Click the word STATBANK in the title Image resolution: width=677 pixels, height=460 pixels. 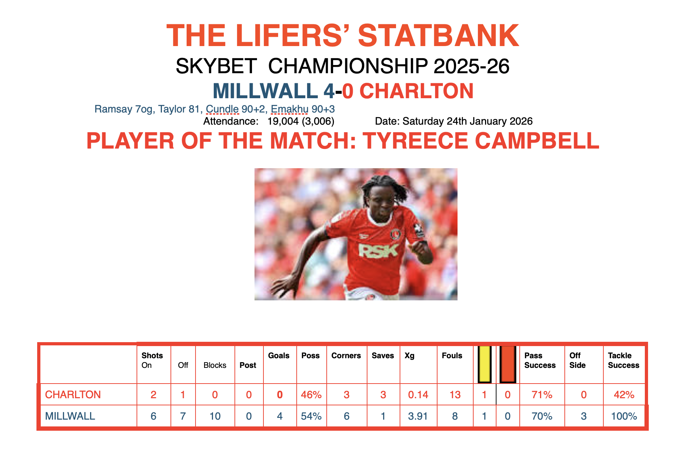click(439, 36)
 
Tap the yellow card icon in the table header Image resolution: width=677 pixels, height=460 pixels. click(485, 364)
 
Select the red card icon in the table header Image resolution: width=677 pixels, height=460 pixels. click(508, 364)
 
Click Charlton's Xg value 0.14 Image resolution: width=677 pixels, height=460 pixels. click(418, 395)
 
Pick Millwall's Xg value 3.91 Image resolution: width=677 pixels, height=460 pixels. click(418, 416)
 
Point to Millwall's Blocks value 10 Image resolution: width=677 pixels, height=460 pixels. click(215, 416)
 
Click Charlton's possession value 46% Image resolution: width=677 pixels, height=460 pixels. click(311, 395)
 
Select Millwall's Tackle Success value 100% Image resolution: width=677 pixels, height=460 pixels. click(624, 416)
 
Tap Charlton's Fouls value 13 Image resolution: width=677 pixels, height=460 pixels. click(455, 395)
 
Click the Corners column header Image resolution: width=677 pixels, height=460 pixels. click(346, 356)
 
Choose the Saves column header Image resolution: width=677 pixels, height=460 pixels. click(383, 356)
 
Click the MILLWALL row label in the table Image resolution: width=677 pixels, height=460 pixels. click(70, 416)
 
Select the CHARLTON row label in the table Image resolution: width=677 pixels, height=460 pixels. click(73, 395)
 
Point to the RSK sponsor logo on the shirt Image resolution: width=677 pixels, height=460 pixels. click(378, 251)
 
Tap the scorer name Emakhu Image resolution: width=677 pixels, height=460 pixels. click(290, 109)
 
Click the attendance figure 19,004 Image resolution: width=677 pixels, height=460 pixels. click(283, 121)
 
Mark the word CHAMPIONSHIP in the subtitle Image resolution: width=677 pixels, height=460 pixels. click(348, 66)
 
